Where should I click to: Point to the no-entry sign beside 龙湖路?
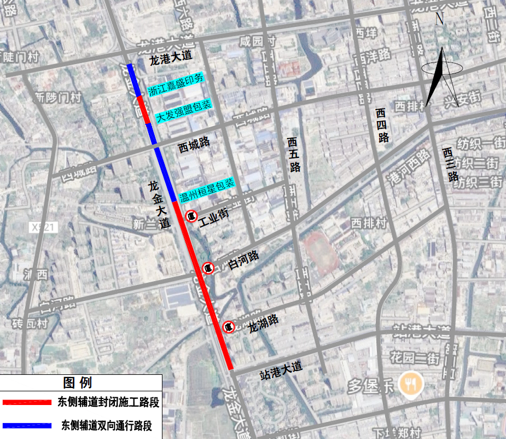coord(229,327)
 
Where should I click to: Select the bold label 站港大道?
coord(281,370)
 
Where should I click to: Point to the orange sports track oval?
coord(322,253)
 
